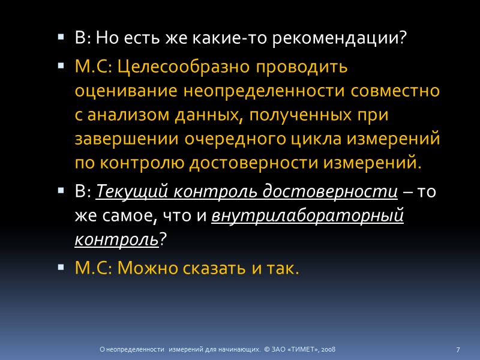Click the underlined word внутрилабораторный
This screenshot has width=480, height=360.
308,216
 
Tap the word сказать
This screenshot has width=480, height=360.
214,268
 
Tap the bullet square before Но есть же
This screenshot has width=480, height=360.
60,38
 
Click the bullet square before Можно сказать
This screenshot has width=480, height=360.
60,266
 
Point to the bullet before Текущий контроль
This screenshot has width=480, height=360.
60,190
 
